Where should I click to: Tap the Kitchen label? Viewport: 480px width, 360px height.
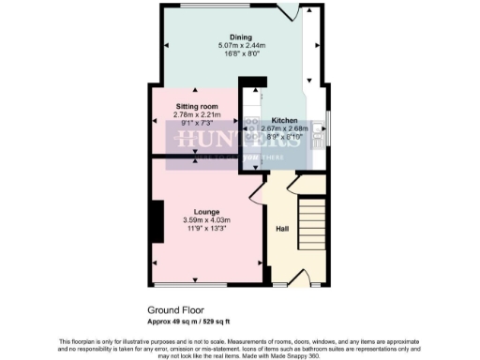click(x=285, y=121)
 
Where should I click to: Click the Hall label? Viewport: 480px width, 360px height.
click(x=281, y=228)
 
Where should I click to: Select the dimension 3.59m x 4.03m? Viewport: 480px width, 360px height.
click(x=205, y=220)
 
